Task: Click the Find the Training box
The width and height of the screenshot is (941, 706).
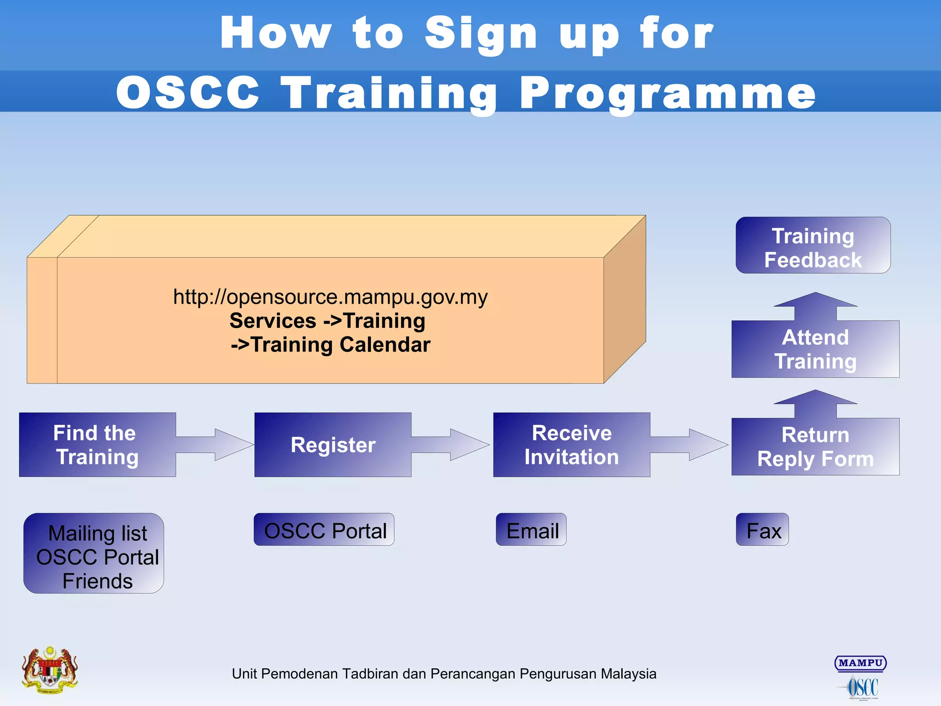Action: point(97,445)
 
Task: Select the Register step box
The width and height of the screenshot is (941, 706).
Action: point(333,445)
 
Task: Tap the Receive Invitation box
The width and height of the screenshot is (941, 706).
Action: point(571,445)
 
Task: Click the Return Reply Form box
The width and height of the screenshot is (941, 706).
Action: point(815,446)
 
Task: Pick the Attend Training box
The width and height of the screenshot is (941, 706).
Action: point(815,349)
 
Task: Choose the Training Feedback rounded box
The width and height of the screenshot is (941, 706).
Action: point(813,246)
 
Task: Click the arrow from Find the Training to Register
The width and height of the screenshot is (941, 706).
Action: point(215,445)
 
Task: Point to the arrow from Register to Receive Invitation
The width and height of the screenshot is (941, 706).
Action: point(450,445)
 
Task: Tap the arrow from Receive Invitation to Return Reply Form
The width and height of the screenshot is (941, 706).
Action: point(689,445)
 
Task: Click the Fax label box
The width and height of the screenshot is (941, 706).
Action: point(762,530)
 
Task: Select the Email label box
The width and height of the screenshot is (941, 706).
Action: point(531,530)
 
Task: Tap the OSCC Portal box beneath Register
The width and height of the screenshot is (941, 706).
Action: point(324,530)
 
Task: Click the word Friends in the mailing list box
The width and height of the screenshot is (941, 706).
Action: point(97,581)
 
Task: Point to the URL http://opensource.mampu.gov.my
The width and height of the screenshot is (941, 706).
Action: point(330,297)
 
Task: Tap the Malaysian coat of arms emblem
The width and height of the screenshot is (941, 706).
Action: point(50,670)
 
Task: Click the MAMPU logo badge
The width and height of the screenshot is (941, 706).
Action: point(860,663)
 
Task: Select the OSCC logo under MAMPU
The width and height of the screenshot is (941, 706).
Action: point(862,688)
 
